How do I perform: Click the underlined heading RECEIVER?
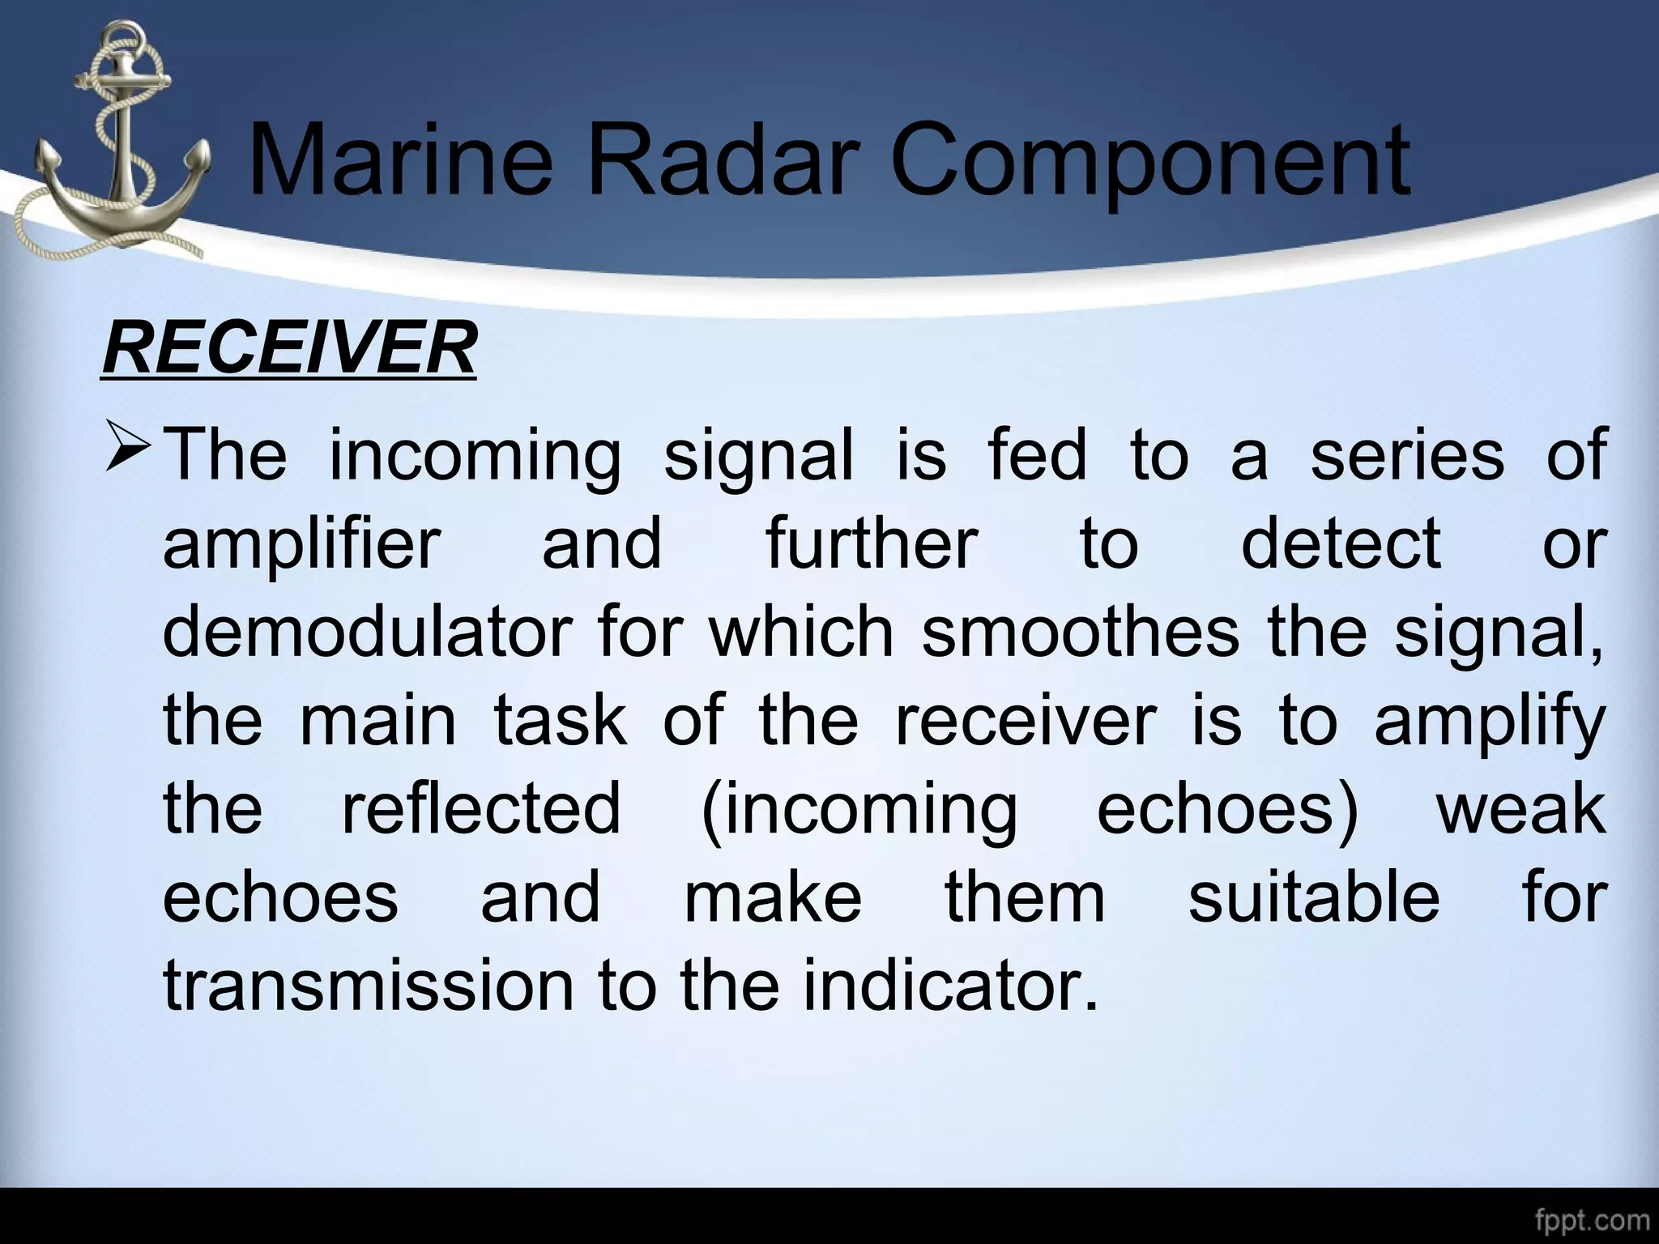point(289,348)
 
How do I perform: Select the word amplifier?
point(302,544)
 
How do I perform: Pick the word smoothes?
point(1081,631)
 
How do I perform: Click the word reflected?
point(481,807)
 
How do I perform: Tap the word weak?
point(1520,807)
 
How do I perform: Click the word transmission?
point(368,985)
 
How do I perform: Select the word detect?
point(1341,543)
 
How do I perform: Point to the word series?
point(1407,454)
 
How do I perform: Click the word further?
point(872,543)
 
